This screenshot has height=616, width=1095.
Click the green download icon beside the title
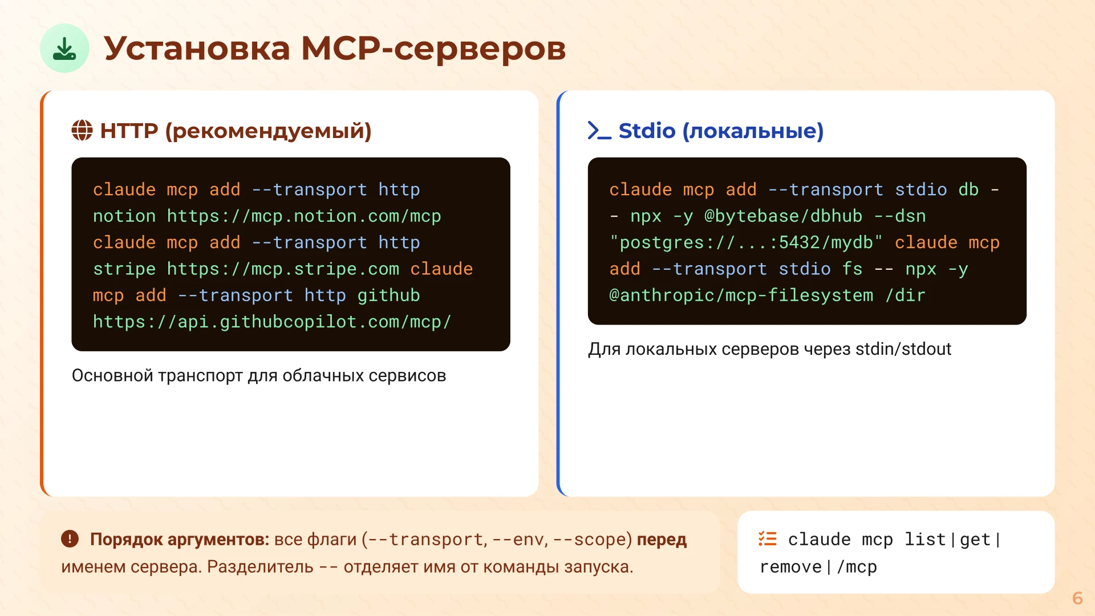(x=64, y=48)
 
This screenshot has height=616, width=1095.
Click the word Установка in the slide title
(x=197, y=48)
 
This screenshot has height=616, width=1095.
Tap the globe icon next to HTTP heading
(x=82, y=131)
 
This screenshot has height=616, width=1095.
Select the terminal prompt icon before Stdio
(x=599, y=131)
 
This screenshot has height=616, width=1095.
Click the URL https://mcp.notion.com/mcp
(x=303, y=216)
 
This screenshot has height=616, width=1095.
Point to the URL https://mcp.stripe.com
(x=282, y=269)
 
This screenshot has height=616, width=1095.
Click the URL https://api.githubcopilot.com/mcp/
(x=271, y=322)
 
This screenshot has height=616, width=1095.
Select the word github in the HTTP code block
(x=388, y=295)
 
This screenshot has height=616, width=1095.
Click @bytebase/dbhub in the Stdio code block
(x=783, y=216)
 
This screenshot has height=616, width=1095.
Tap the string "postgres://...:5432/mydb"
(x=746, y=243)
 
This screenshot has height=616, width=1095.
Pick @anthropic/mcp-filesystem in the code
(x=741, y=295)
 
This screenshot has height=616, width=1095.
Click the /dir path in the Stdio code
(x=905, y=295)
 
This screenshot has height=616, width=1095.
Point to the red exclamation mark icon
(x=70, y=538)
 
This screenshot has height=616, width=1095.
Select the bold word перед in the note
(x=662, y=540)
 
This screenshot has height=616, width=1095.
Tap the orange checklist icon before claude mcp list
(x=767, y=538)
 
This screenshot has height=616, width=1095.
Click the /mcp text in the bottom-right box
(x=857, y=567)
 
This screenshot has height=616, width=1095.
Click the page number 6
(x=1077, y=598)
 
